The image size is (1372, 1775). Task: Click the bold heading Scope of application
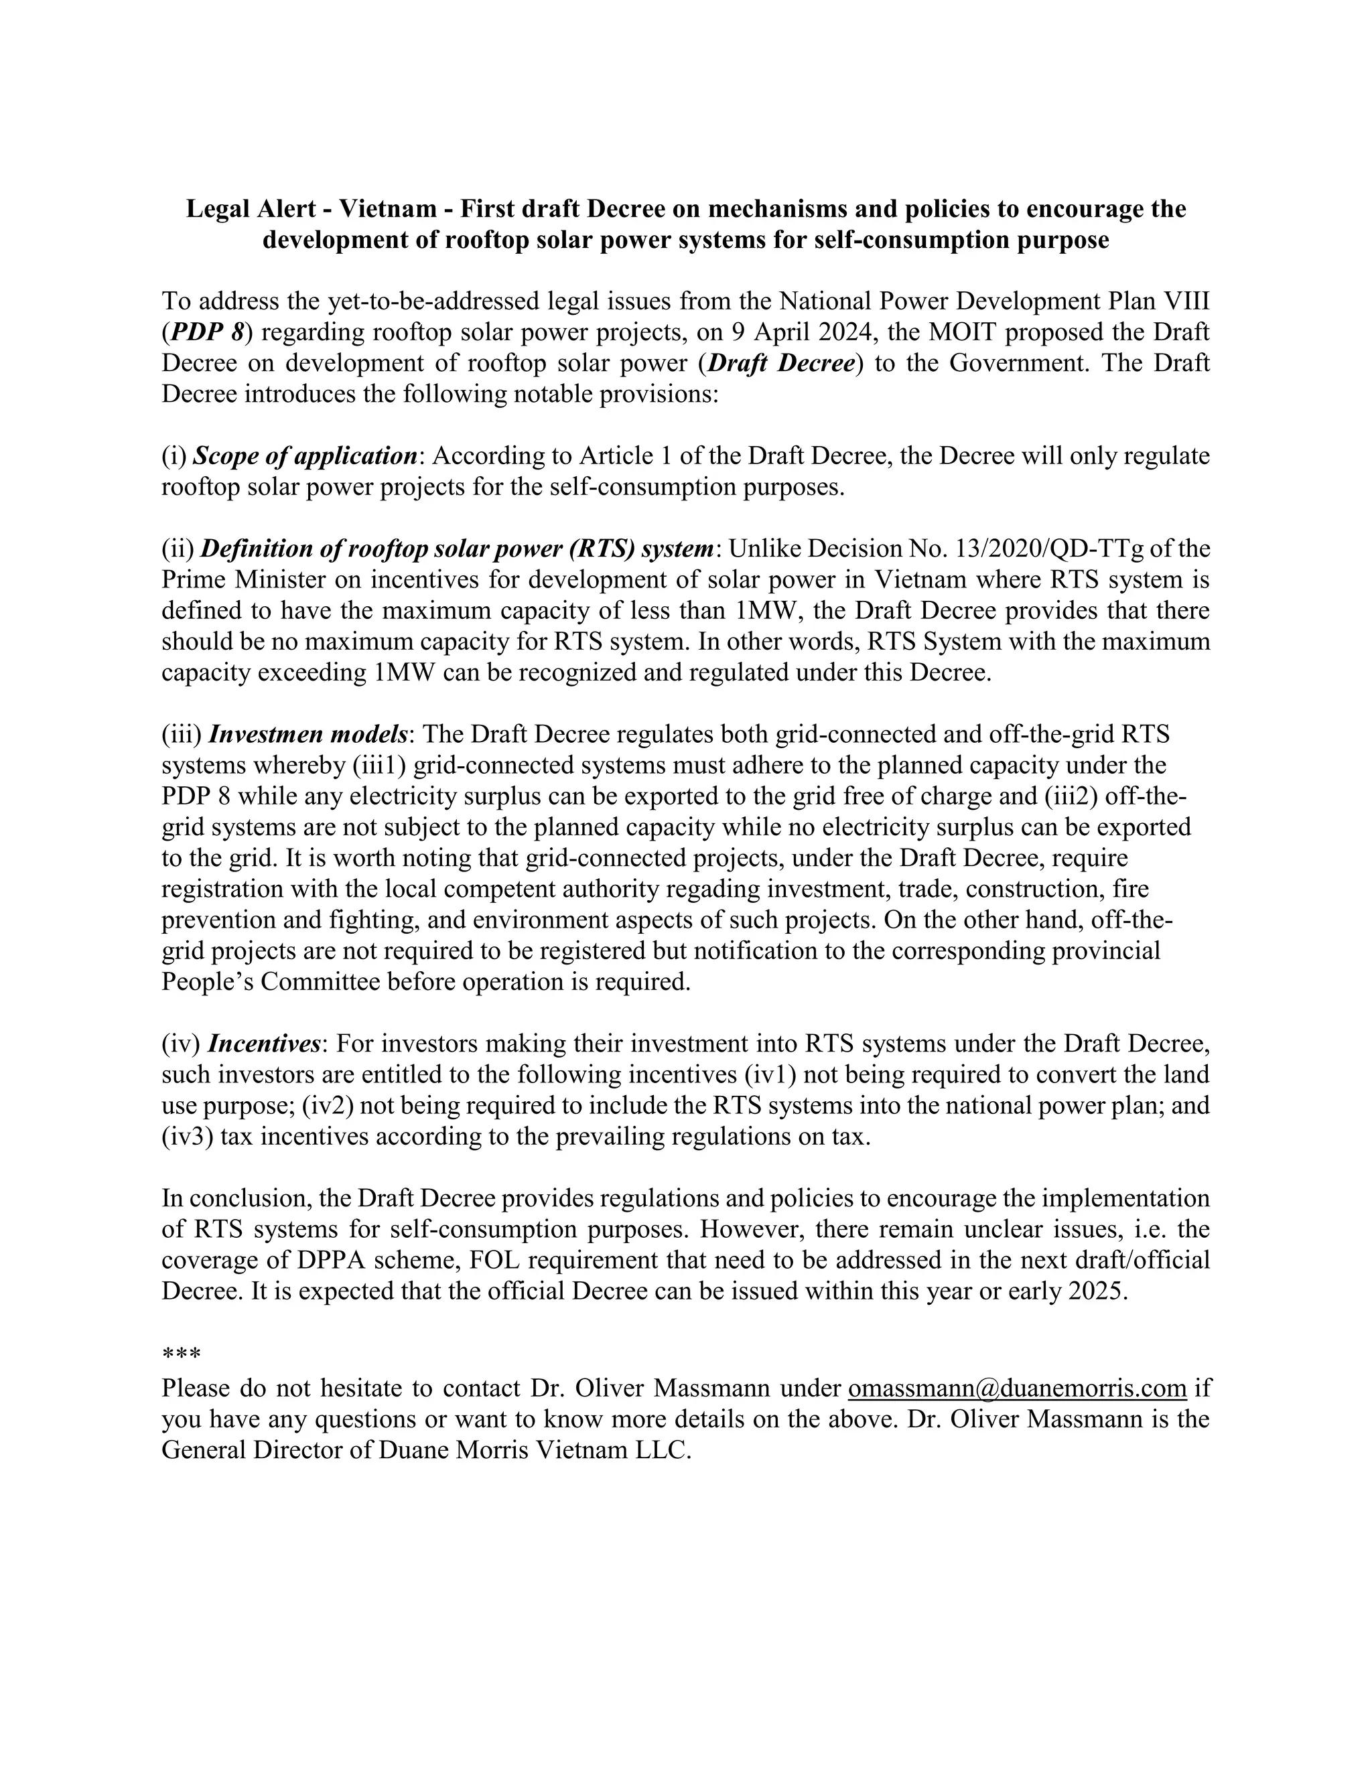[305, 456]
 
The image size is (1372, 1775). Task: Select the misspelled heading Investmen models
[308, 734]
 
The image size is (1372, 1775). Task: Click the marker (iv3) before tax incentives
[188, 1135]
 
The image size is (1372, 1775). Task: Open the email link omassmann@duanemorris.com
[1017, 1388]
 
